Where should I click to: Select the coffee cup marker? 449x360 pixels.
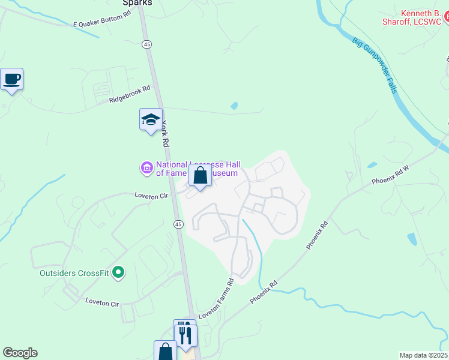(11, 79)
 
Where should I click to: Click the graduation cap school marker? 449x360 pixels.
(151, 119)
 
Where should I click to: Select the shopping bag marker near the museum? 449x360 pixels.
(200, 176)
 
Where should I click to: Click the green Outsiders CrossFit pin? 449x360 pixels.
(118, 273)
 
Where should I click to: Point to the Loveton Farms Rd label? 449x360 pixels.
(216, 298)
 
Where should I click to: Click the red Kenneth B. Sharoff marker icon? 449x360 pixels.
(445, 22)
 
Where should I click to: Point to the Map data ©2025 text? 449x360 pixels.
(423, 355)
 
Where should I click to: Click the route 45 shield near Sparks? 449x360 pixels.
(146, 44)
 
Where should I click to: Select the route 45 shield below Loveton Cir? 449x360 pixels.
(178, 224)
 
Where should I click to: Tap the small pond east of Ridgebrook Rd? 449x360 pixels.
(234, 106)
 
